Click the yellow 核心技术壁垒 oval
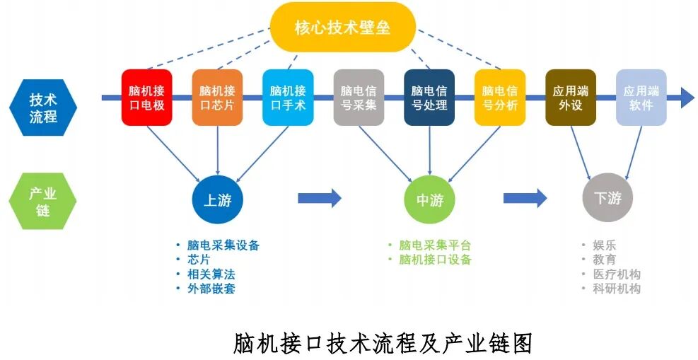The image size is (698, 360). (342, 28)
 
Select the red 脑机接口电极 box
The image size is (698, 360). (146, 98)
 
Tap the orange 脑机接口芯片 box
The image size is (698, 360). (217, 98)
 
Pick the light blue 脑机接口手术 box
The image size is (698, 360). (288, 98)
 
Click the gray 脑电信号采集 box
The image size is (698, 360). (359, 98)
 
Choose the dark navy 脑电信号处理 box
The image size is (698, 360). (429, 98)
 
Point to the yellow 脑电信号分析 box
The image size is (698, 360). (500, 98)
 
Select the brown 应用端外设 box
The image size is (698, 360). (571, 98)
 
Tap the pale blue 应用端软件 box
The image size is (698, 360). (641, 98)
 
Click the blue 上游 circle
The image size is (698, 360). (217, 199)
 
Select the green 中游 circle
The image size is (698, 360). (429, 199)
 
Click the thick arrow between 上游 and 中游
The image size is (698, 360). (319, 198)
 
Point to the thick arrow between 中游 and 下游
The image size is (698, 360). (525, 198)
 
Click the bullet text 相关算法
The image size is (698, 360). (210, 274)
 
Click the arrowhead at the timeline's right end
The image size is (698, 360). (687, 98)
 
